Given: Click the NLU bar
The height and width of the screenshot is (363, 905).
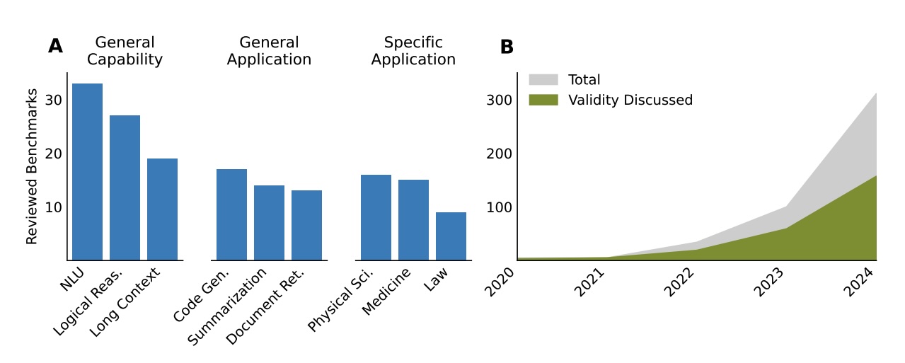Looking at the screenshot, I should pyautogui.click(x=87, y=172).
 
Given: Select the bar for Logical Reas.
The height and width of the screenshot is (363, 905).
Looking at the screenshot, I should pyautogui.click(x=125, y=188).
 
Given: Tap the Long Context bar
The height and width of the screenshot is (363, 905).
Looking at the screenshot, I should pyautogui.click(x=162, y=209).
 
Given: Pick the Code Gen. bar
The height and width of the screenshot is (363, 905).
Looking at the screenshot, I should pyautogui.click(x=231, y=214).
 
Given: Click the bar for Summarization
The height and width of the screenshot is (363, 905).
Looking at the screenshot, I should pyautogui.click(x=269, y=223).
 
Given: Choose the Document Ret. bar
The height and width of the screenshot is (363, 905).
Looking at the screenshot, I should pyautogui.click(x=306, y=225).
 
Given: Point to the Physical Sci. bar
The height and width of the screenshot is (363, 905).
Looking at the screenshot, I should pyautogui.click(x=376, y=217).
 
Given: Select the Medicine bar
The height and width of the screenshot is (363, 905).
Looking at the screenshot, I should pyautogui.click(x=413, y=220).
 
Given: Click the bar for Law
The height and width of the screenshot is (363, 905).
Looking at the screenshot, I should pyautogui.click(x=451, y=236).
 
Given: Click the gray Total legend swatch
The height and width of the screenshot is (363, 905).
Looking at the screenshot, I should pyautogui.click(x=543, y=80).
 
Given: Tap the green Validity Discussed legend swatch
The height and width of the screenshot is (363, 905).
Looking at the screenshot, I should pyautogui.click(x=543, y=100).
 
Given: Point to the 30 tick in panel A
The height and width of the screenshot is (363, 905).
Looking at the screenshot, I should pyautogui.click(x=53, y=100).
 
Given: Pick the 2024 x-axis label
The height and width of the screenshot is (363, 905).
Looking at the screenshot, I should pyautogui.click(x=860, y=284).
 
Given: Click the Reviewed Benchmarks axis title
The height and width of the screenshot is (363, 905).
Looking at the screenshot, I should pyautogui.click(x=32, y=167).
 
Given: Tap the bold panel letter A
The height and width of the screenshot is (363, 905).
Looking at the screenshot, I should pyautogui.click(x=55, y=47).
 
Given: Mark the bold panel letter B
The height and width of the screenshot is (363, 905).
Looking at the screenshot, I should pyautogui.click(x=507, y=47).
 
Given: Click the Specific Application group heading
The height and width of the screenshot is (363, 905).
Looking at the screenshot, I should pyautogui.click(x=413, y=51).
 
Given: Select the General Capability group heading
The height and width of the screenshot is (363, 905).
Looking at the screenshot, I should pyautogui.click(x=125, y=51).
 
